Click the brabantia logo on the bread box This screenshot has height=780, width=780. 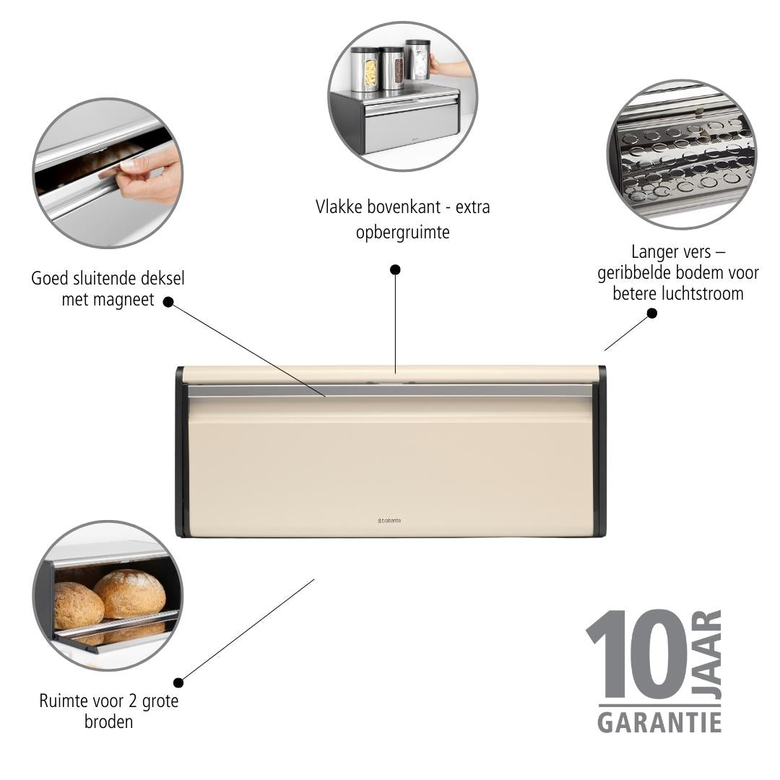389,520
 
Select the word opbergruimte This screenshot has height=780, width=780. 402,233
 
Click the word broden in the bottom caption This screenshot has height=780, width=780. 108,721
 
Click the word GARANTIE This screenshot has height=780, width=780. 659,722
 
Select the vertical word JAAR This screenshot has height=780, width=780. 707,654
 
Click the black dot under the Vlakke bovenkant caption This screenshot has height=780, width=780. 395,269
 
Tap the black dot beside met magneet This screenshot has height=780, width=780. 168,302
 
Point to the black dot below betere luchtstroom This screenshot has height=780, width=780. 651,313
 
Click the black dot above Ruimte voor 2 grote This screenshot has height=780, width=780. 178,682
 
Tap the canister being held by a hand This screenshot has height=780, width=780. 418,60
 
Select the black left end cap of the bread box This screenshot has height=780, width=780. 182,451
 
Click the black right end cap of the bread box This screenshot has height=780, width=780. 599,451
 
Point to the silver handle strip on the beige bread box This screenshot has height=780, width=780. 390,391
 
